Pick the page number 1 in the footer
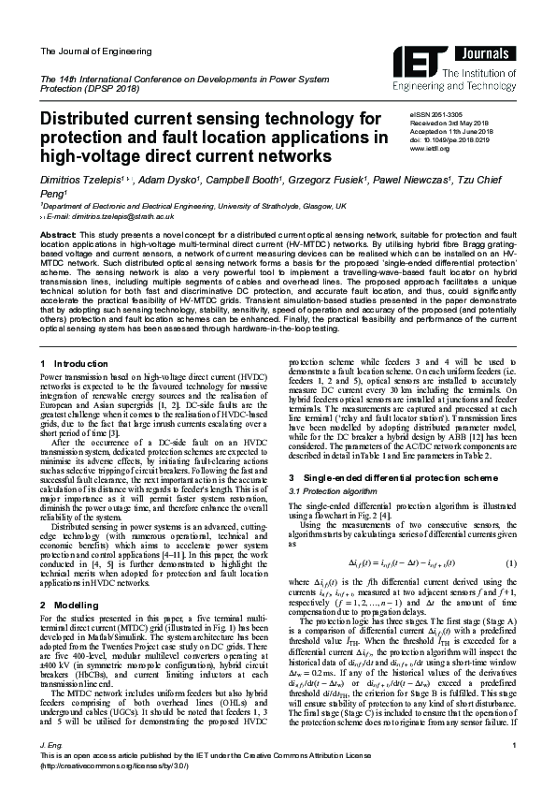[514, 744]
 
